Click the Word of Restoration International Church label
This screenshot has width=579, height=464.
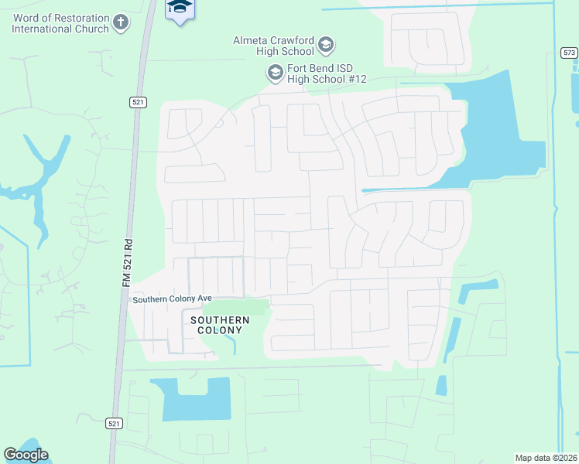tap(60, 23)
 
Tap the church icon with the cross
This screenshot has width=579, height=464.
tap(121, 23)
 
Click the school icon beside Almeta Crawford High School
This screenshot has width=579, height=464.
tap(325, 45)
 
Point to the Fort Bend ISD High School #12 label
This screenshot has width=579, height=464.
tap(326, 73)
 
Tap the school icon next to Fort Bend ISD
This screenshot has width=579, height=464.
tap(275, 73)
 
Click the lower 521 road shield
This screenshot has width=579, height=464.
tap(114, 423)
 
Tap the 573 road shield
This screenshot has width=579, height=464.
tap(569, 53)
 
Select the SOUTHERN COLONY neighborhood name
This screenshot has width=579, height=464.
tap(220, 325)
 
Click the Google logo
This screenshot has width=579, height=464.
tap(26, 455)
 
